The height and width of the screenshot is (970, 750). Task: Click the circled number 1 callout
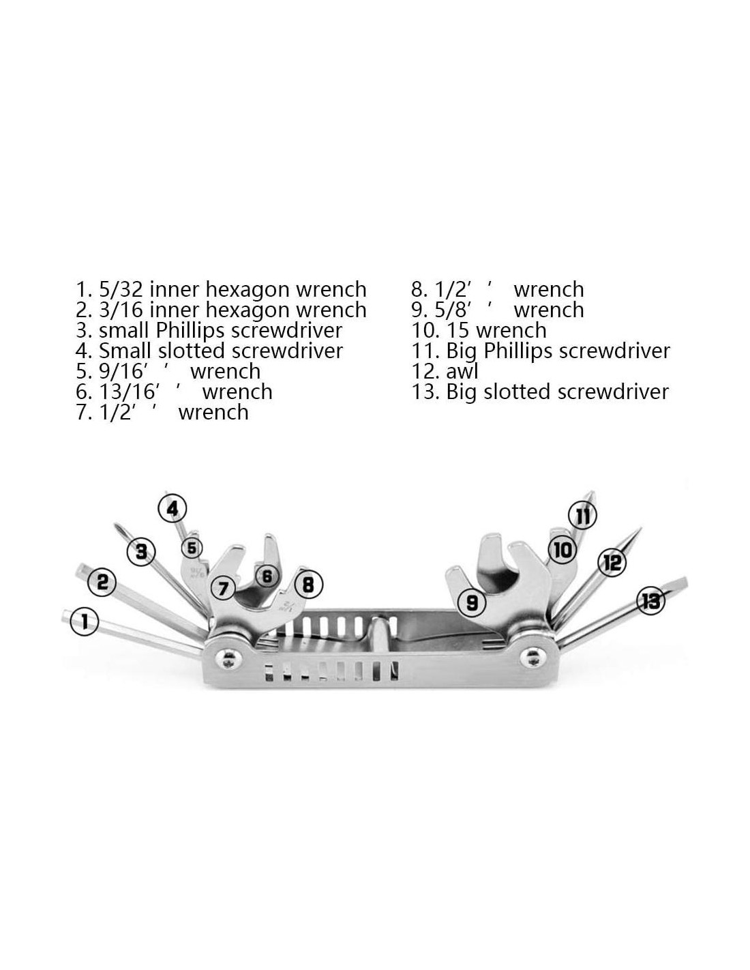pyautogui.click(x=84, y=621)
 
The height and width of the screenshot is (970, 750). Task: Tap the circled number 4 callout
pyautogui.click(x=172, y=508)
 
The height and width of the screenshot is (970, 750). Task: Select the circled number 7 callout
pyautogui.click(x=223, y=588)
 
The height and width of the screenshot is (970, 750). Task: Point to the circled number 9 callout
pyautogui.click(x=472, y=602)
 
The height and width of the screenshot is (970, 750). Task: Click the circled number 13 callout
pyautogui.click(x=650, y=601)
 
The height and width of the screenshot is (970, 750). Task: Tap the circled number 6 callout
pyautogui.click(x=267, y=576)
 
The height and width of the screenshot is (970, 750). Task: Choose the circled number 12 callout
pyautogui.click(x=612, y=562)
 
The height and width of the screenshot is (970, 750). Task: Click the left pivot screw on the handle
pyautogui.click(x=229, y=659)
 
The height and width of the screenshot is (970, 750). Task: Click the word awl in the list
pyautogui.click(x=462, y=371)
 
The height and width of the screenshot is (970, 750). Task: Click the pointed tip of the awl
pyautogui.click(x=641, y=528)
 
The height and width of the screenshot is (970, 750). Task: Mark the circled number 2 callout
pyautogui.click(x=102, y=582)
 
